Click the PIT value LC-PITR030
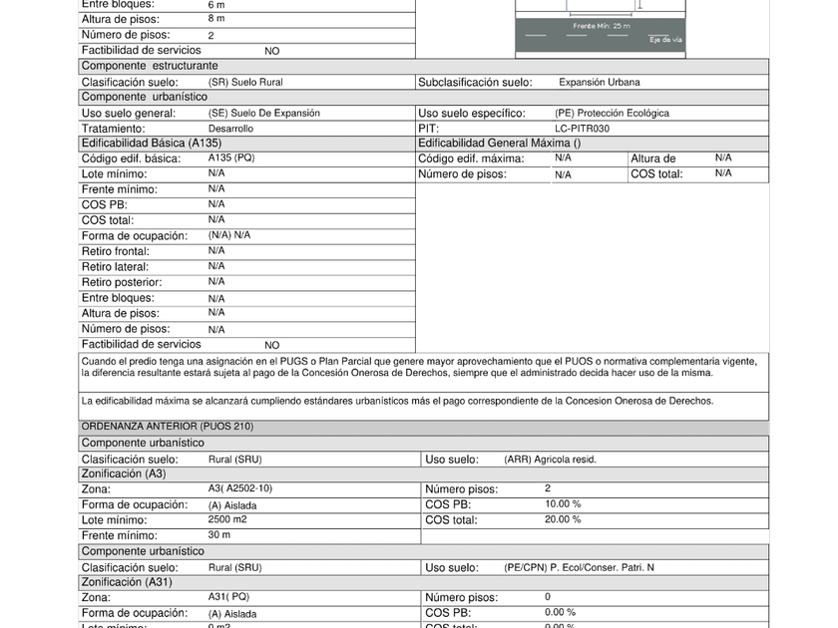(x=582, y=129)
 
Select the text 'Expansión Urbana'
(x=599, y=83)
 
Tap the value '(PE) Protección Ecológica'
(x=612, y=114)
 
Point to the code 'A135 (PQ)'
(x=231, y=157)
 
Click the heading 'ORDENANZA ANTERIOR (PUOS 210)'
(x=167, y=427)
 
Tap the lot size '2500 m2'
(x=227, y=520)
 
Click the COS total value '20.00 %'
(x=563, y=519)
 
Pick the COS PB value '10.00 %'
(x=563, y=504)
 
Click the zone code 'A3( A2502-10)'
(x=239, y=488)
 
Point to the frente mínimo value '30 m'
(x=219, y=535)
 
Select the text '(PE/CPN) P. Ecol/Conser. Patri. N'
(x=579, y=567)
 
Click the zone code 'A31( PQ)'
(x=229, y=597)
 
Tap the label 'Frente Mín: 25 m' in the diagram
(x=601, y=26)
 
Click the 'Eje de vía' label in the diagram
(x=665, y=40)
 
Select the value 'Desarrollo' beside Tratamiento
(x=230, y=129)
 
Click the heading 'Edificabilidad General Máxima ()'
(x=499, y=144)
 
